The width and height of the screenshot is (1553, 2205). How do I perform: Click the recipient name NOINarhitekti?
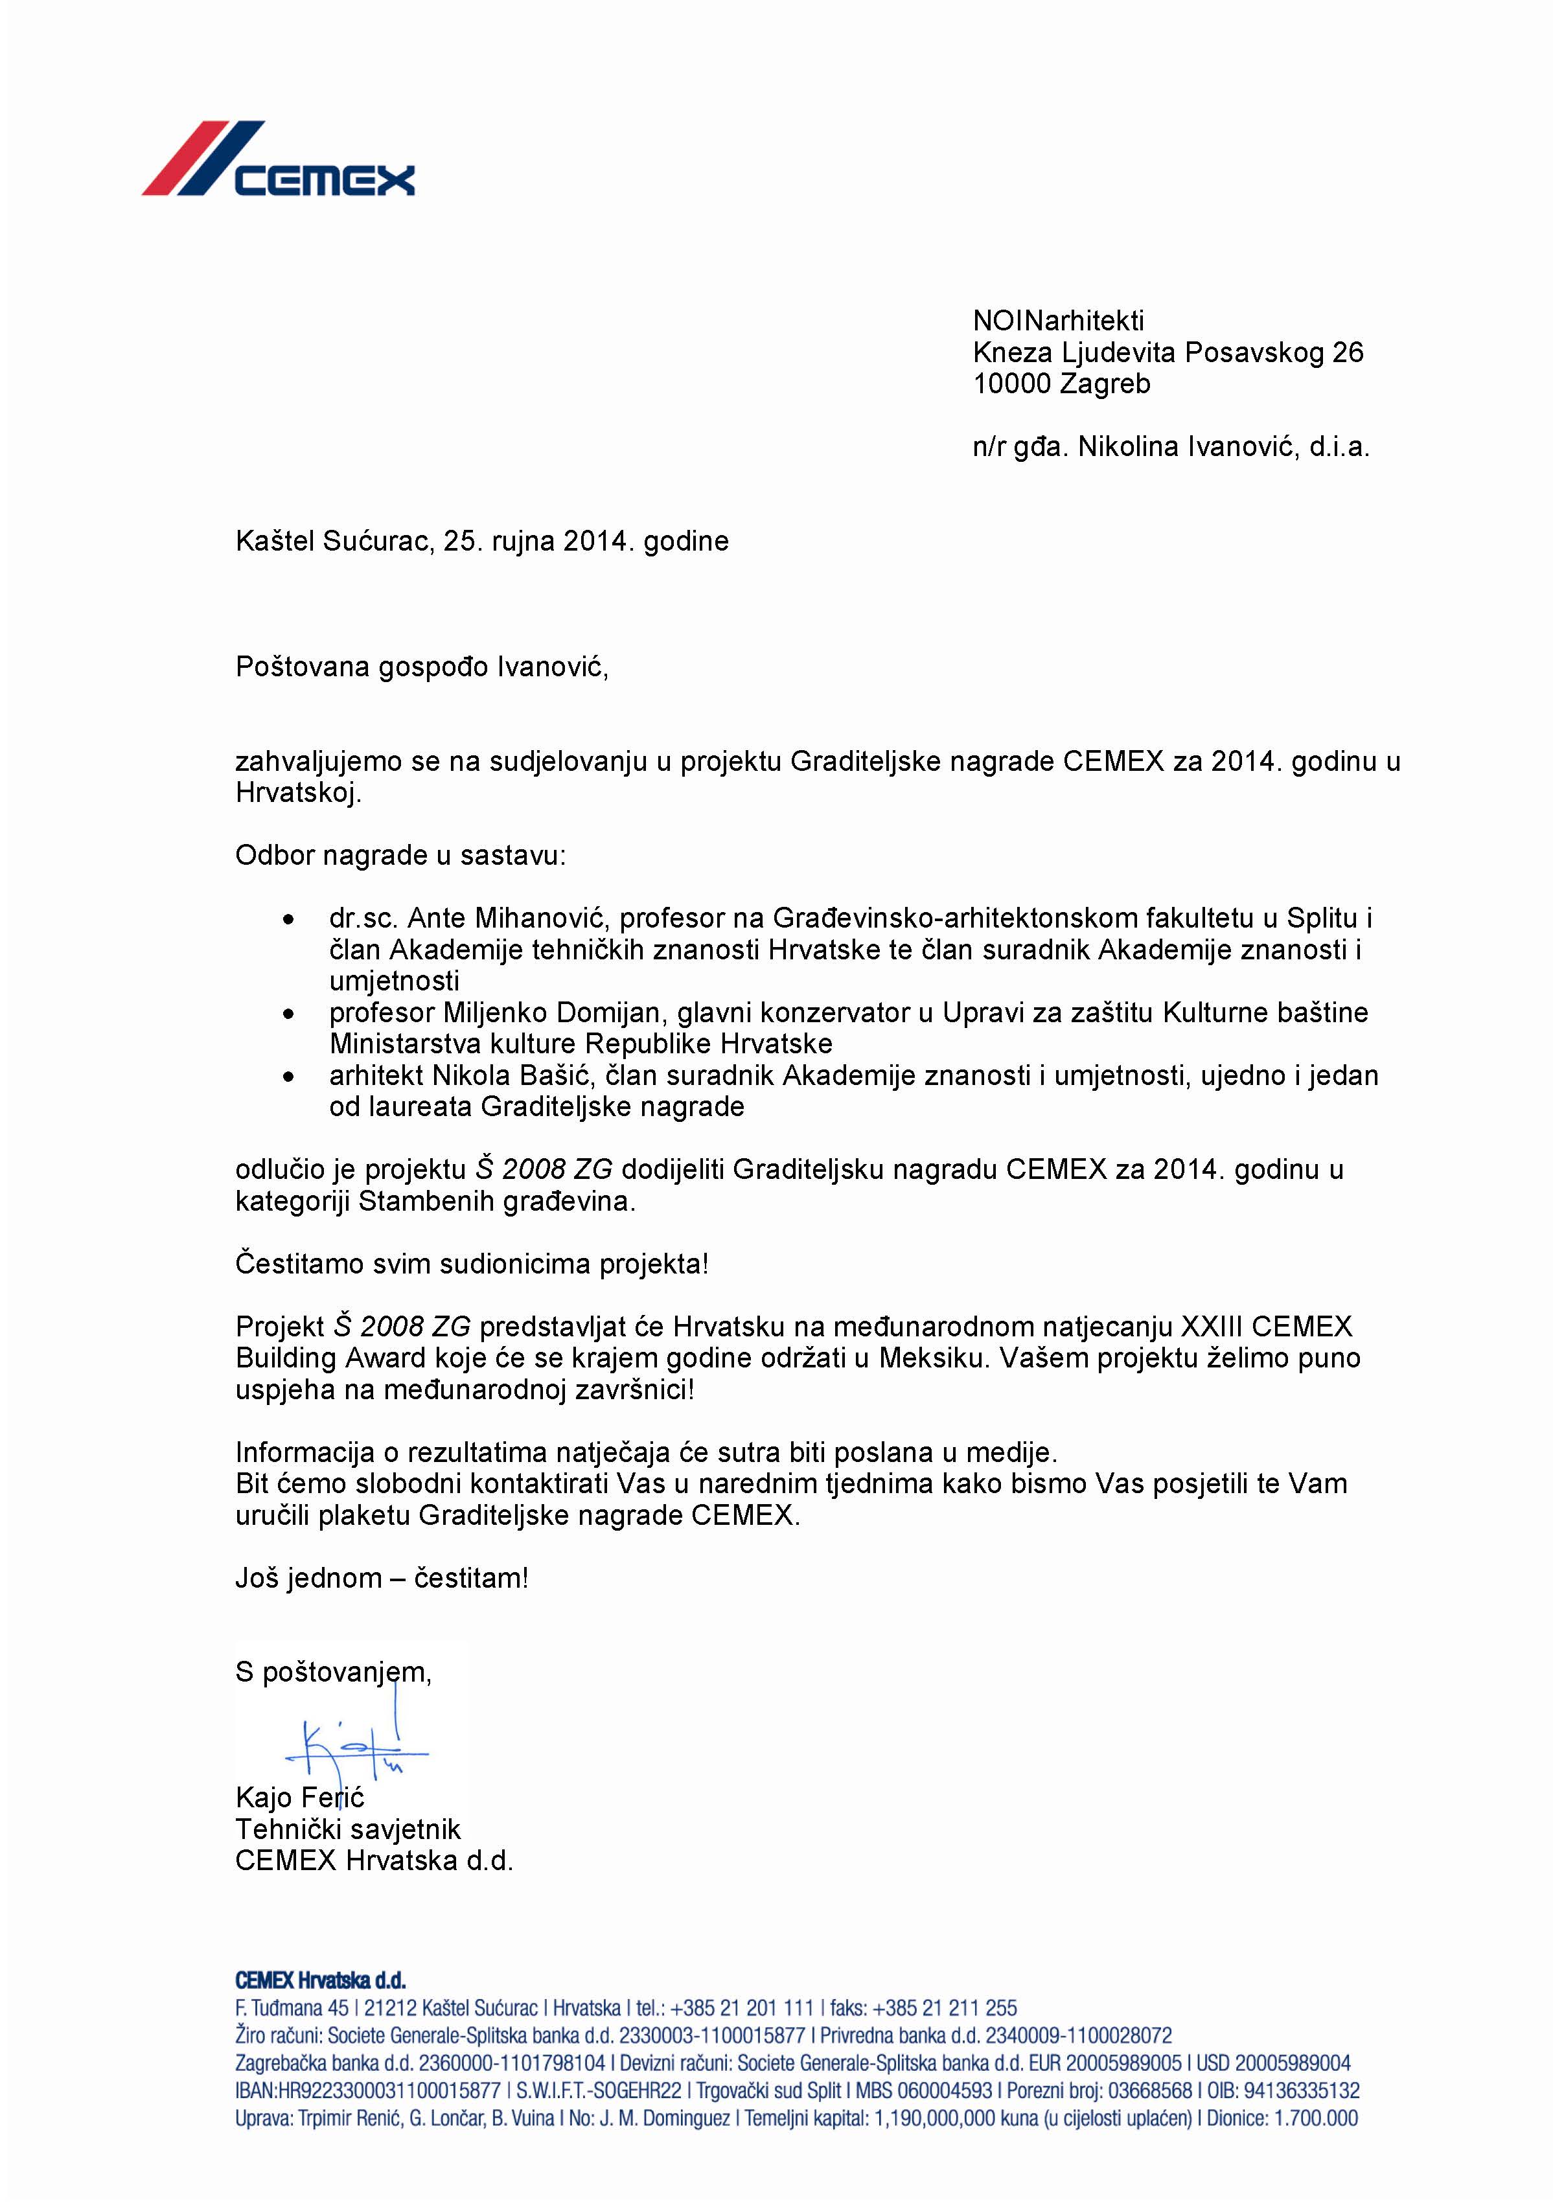1057,321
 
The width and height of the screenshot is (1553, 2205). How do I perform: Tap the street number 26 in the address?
1348,352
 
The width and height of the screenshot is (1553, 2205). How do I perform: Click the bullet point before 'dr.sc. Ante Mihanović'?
288,920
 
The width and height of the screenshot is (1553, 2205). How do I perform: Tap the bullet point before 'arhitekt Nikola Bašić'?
288,1077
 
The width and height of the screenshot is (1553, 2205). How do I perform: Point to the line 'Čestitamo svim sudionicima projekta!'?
472,1264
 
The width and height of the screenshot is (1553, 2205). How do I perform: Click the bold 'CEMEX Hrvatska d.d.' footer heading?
321,1980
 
